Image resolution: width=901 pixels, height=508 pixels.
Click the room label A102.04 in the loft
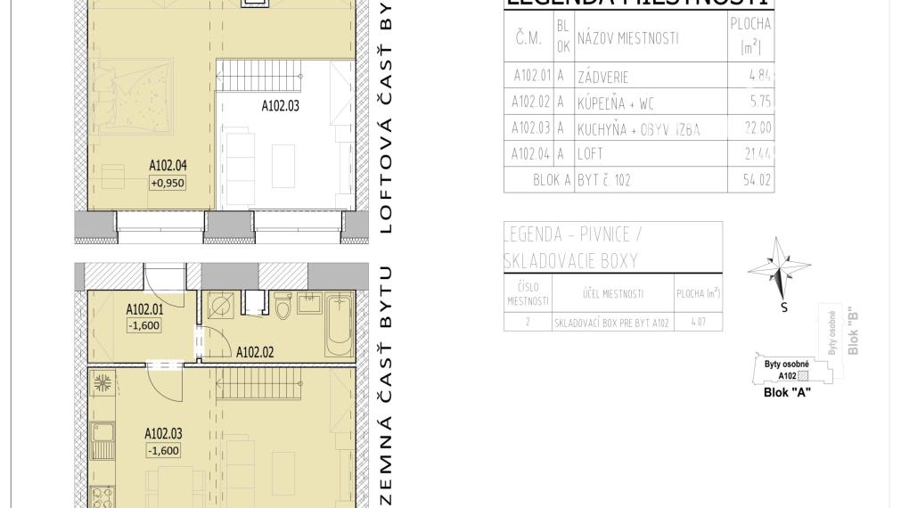click(168, 165)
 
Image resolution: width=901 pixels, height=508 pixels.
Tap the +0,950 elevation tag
click(168, 183)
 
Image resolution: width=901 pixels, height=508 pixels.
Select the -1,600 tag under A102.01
click(143, 326)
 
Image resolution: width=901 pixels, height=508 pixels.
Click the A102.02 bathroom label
click(255, 352)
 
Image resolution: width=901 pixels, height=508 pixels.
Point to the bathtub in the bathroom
click(340, 327)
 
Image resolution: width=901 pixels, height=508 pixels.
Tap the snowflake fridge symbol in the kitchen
click(102, 384)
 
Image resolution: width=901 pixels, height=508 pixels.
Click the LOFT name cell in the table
click(590, 154)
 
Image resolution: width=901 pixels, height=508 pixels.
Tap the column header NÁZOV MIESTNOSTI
click(627, 38)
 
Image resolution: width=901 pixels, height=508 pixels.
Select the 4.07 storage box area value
click(698, 322)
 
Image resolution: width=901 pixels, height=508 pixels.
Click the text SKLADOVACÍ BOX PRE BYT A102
click(611, 322)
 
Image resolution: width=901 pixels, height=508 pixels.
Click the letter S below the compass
click(784, 308)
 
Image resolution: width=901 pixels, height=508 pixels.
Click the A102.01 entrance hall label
click(144, 310)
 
